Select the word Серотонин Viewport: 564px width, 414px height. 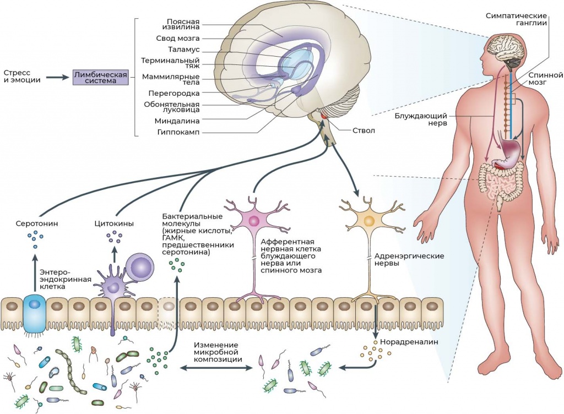pyautogui.click(x=37, y=224)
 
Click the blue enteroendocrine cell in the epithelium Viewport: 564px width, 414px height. pyautogui.click(x=35, y=311)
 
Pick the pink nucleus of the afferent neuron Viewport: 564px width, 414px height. pyautogui.click(x=254, y=221)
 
